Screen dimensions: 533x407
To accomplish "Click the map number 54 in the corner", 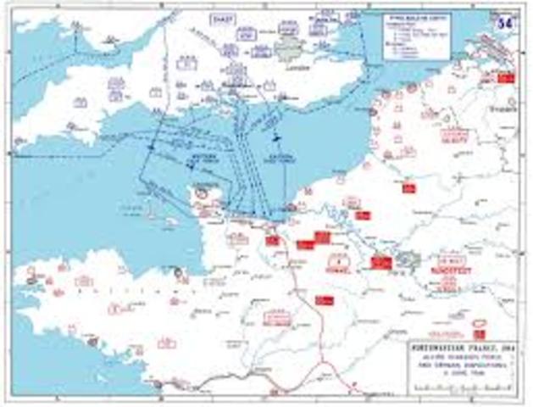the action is [510, 19].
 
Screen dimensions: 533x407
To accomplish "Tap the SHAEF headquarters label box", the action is [224, 18].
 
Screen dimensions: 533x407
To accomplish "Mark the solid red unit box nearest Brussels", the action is [507, 79].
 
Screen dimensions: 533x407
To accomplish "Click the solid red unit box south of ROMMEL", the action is [323, 299].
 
